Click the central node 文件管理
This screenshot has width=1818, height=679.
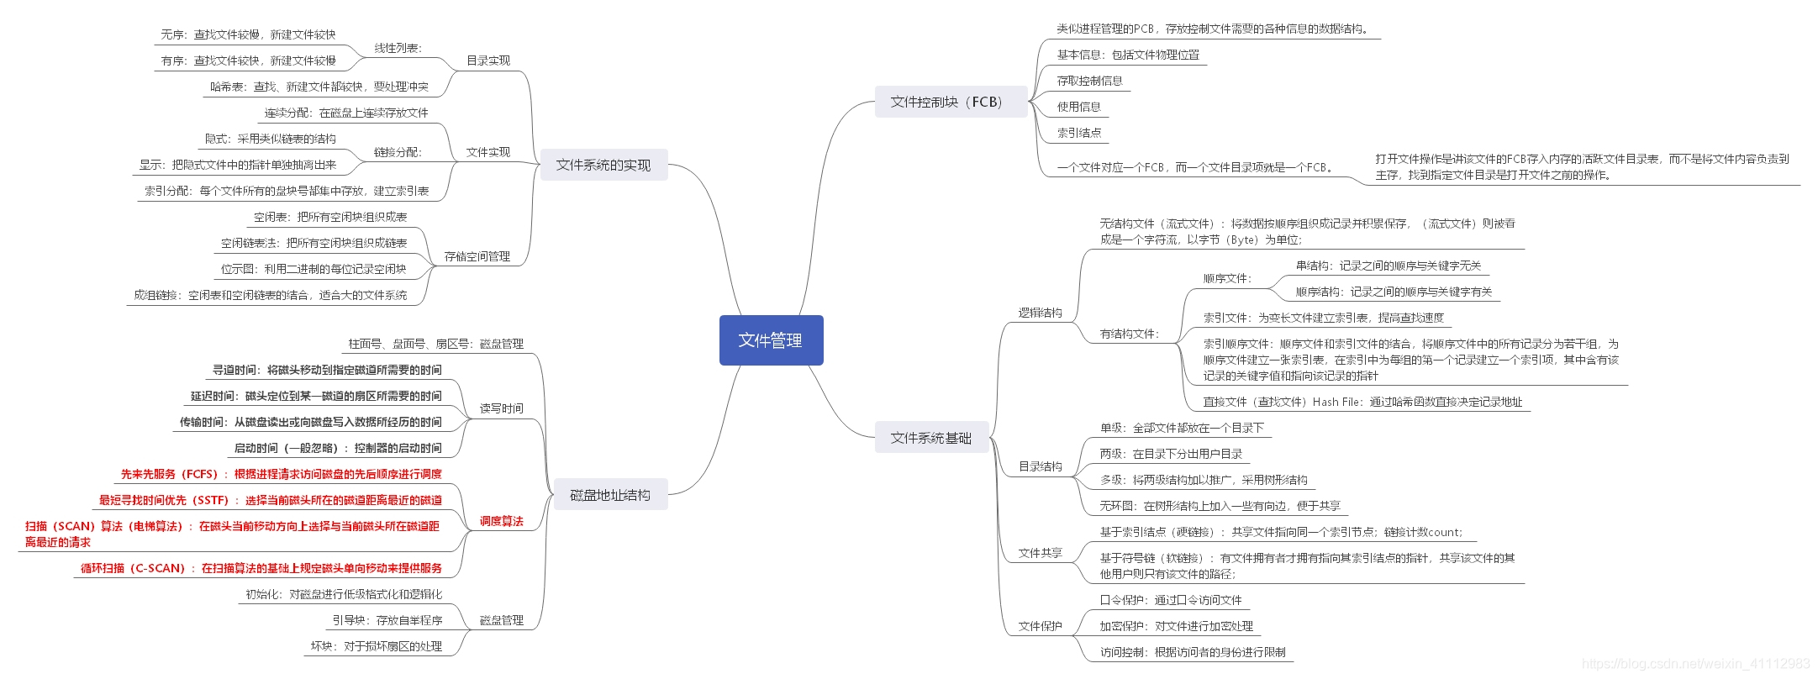[x=771, y=340]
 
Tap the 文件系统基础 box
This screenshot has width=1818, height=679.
[x=931, y=438]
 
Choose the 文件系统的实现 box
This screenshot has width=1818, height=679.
[x=603, y=165]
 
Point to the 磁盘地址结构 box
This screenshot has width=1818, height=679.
[x=610, y=495]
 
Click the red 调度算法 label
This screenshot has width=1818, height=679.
[x=502, y=521]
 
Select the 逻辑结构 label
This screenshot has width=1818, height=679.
[x=1041, y=313]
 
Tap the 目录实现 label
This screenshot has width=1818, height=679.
[x=488, y=61]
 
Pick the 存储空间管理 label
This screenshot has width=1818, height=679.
[x=477, y=256]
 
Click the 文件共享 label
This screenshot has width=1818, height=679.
[x=1041, y=553]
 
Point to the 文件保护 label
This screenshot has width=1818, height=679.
[x=1041, y=626]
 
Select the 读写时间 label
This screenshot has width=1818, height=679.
[x=502, y=408]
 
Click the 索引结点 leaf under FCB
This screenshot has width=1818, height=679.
[x=1079, y=133]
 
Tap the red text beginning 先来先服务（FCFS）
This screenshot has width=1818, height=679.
[x=282, y=474]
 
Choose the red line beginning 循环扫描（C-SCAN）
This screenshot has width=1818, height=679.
[x=261, y=568]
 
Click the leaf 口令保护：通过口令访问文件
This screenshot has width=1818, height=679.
[x=1171, y=600]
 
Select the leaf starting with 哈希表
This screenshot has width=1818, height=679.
[x=319, y=87]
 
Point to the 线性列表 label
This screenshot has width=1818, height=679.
[x=398, y=48]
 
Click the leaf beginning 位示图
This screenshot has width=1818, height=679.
[x=314, y=269]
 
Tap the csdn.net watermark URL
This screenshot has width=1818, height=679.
[x=1695, y=664]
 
